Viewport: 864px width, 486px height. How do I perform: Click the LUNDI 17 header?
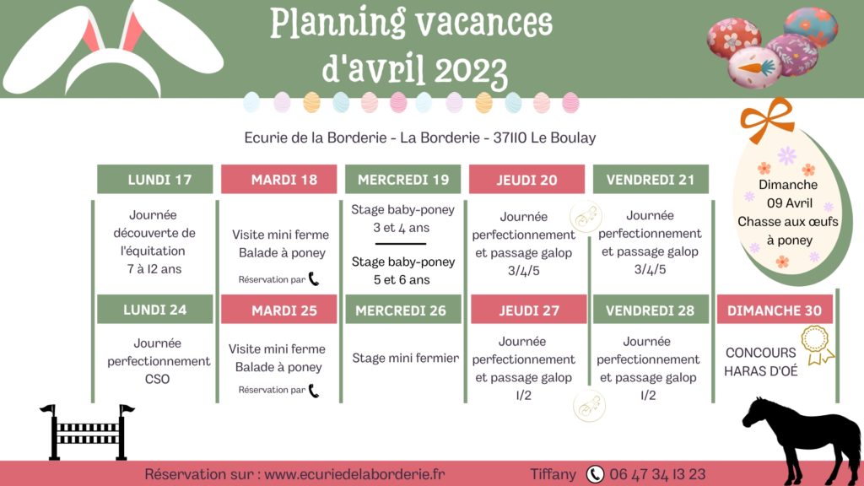tap(155, 179)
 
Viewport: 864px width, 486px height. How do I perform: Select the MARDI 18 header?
tap(278, 179)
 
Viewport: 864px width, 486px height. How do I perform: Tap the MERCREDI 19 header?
tap(402, 179)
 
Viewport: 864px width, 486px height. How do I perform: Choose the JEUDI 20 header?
tap(526, 179)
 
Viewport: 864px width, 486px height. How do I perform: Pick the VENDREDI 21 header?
tap(651, 179)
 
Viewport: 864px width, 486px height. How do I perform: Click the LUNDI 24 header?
tap(155, 309)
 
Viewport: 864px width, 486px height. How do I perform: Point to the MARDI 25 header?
tap(278, 309)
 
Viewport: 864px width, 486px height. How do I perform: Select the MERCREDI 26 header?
tap(402, 309)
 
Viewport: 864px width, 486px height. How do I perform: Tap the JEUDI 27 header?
tap(528, 309)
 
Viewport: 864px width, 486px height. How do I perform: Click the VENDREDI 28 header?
tap(651, 309)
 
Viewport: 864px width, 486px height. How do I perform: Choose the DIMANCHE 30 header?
tap(775, 310)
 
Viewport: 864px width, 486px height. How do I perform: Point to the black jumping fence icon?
tap(87, 432)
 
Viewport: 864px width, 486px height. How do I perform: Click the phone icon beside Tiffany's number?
tap(595, 474)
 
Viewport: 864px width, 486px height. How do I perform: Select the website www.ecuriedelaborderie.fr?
tap(354, 474)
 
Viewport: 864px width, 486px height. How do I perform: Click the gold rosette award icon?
tap(817, 345)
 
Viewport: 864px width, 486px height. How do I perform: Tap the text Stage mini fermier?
tap(406, 358)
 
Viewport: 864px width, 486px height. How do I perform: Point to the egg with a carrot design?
tap(754, 67)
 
